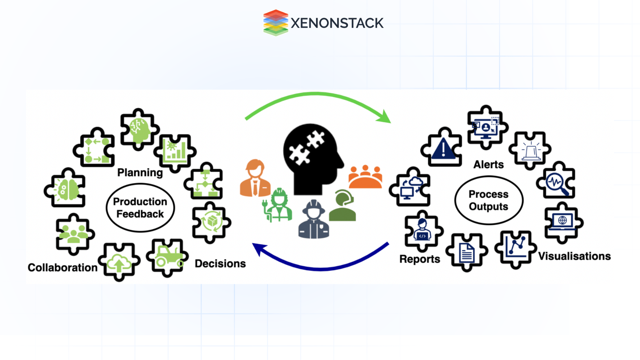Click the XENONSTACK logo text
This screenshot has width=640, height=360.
pos(337,23)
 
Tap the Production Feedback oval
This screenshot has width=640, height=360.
pos(140,208)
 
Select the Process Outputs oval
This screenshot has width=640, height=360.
pos(488,200)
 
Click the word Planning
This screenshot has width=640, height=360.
pos(140,173)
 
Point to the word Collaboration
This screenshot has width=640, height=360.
pos(62,268)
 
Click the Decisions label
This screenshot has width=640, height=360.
pos(220,264)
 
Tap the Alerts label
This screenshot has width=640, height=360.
pos(488,165)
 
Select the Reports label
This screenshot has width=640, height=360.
pos(419,259)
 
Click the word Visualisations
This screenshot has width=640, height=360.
pos(574,256)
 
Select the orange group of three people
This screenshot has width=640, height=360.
pos(365,177)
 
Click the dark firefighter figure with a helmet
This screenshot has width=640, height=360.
pos(313,220)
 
